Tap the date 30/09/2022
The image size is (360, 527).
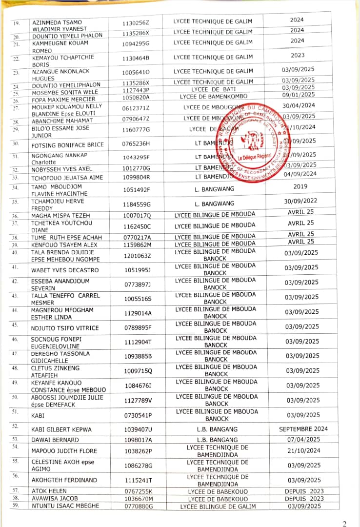301,201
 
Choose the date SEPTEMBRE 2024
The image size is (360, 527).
303,429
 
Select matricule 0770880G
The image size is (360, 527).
137,506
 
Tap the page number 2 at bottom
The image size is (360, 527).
344,524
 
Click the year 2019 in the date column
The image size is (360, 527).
300,186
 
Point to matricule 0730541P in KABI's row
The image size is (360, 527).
137,415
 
